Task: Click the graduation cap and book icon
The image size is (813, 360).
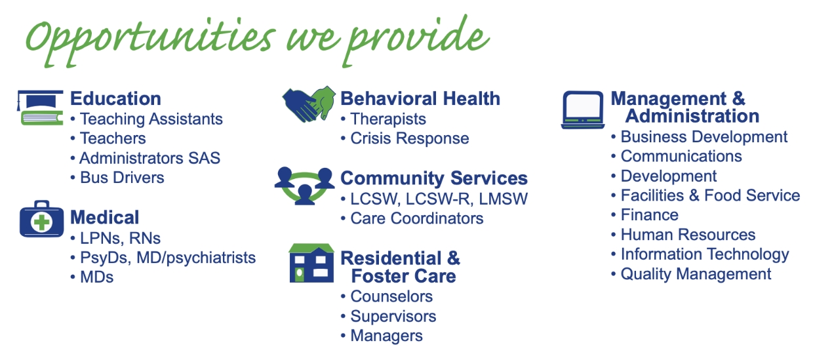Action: point(40,108)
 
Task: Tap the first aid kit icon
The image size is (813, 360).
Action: point(41,219)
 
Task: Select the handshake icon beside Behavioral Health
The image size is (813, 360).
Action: point(309,104)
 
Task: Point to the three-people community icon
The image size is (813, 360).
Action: point(304,186)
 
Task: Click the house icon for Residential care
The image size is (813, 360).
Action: point(311,263)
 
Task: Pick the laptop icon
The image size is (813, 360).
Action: point(583,110)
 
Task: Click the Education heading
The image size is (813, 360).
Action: point(115,98)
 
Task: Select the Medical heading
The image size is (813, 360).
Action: point(104,218)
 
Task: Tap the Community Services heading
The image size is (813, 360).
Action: point(434,178)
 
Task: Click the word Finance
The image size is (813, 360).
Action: point(650,215)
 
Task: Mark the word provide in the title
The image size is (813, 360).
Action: point(416,41)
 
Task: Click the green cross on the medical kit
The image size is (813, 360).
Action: point(42,222)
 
